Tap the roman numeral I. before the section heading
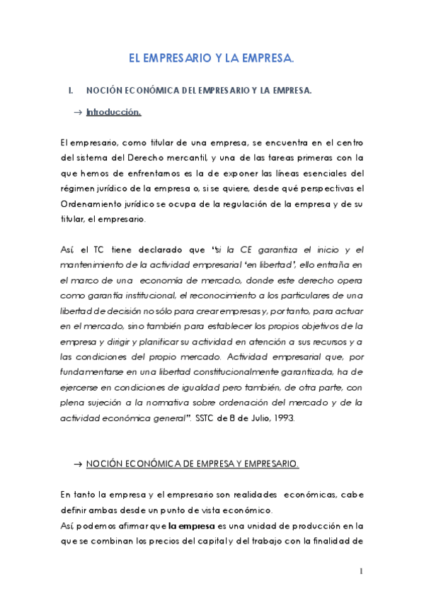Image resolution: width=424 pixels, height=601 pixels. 70,91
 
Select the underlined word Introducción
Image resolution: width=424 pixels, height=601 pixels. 113,112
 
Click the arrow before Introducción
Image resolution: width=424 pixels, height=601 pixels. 77,112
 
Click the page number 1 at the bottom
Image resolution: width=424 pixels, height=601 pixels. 360,572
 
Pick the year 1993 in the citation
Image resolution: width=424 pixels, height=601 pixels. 282,418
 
